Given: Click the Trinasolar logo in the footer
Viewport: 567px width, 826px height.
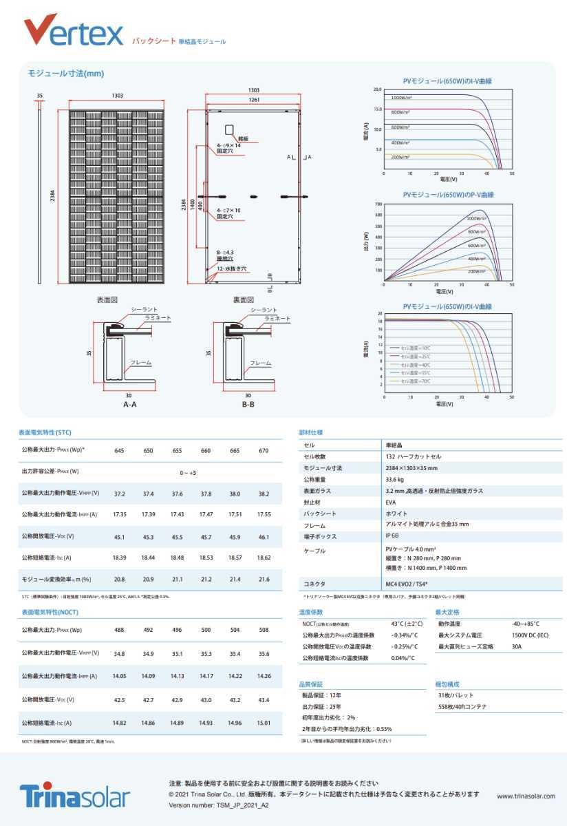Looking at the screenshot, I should click(x=74, y=795).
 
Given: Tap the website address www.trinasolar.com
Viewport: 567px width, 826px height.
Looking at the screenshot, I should click(x=526, y=796).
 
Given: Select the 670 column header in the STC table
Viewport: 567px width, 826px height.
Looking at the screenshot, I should click(x=264, y=450).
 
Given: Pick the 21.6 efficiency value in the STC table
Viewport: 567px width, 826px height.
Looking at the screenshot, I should click(x=264, y=580).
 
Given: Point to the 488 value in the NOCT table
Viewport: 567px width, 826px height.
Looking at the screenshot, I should click(x=119, y=630).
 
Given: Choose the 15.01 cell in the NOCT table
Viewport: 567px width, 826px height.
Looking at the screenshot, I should click(x=264, y=723).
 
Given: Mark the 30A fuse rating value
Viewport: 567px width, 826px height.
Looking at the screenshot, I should click(x=517, y=646).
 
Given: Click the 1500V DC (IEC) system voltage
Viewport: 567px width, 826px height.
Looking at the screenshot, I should click(x=530, y=635).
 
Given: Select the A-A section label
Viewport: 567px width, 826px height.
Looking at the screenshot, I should click(x=129, y=404).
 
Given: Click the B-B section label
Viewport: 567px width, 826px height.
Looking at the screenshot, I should click(x=248, y=404).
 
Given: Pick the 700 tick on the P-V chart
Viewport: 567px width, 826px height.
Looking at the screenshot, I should click(x=378, y=204).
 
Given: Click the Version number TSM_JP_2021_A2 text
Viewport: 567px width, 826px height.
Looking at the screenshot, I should click(x=219, y=804).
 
